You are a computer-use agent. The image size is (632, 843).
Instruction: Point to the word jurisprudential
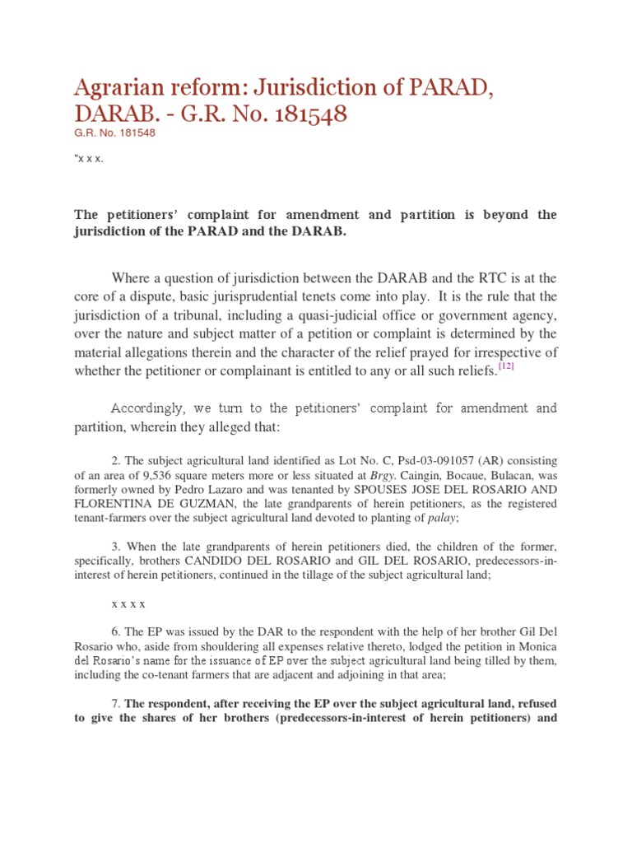pyautogui.click(x=286, y=296)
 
